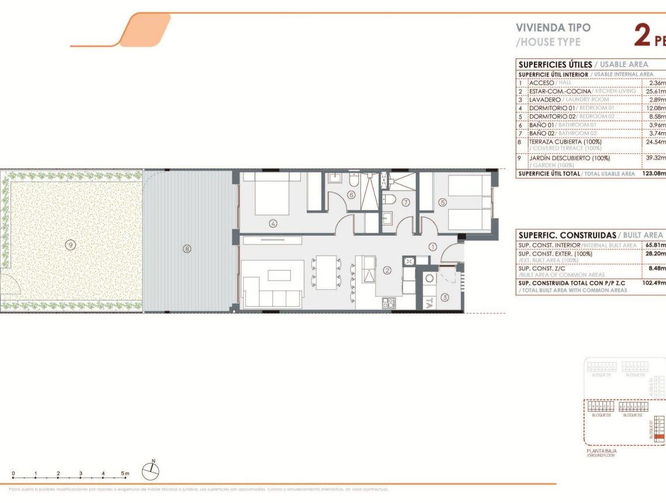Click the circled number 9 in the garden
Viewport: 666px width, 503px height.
70,246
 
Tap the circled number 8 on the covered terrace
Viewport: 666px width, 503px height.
187,249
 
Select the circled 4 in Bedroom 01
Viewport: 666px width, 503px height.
273,223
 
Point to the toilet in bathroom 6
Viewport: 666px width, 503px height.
353,177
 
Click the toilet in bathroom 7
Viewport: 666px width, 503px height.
389,200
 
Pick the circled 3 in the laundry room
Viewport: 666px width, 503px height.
445,298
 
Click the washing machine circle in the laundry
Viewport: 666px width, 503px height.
429,280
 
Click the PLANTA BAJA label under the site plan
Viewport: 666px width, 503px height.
601,451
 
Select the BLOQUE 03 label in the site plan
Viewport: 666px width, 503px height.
601,414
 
